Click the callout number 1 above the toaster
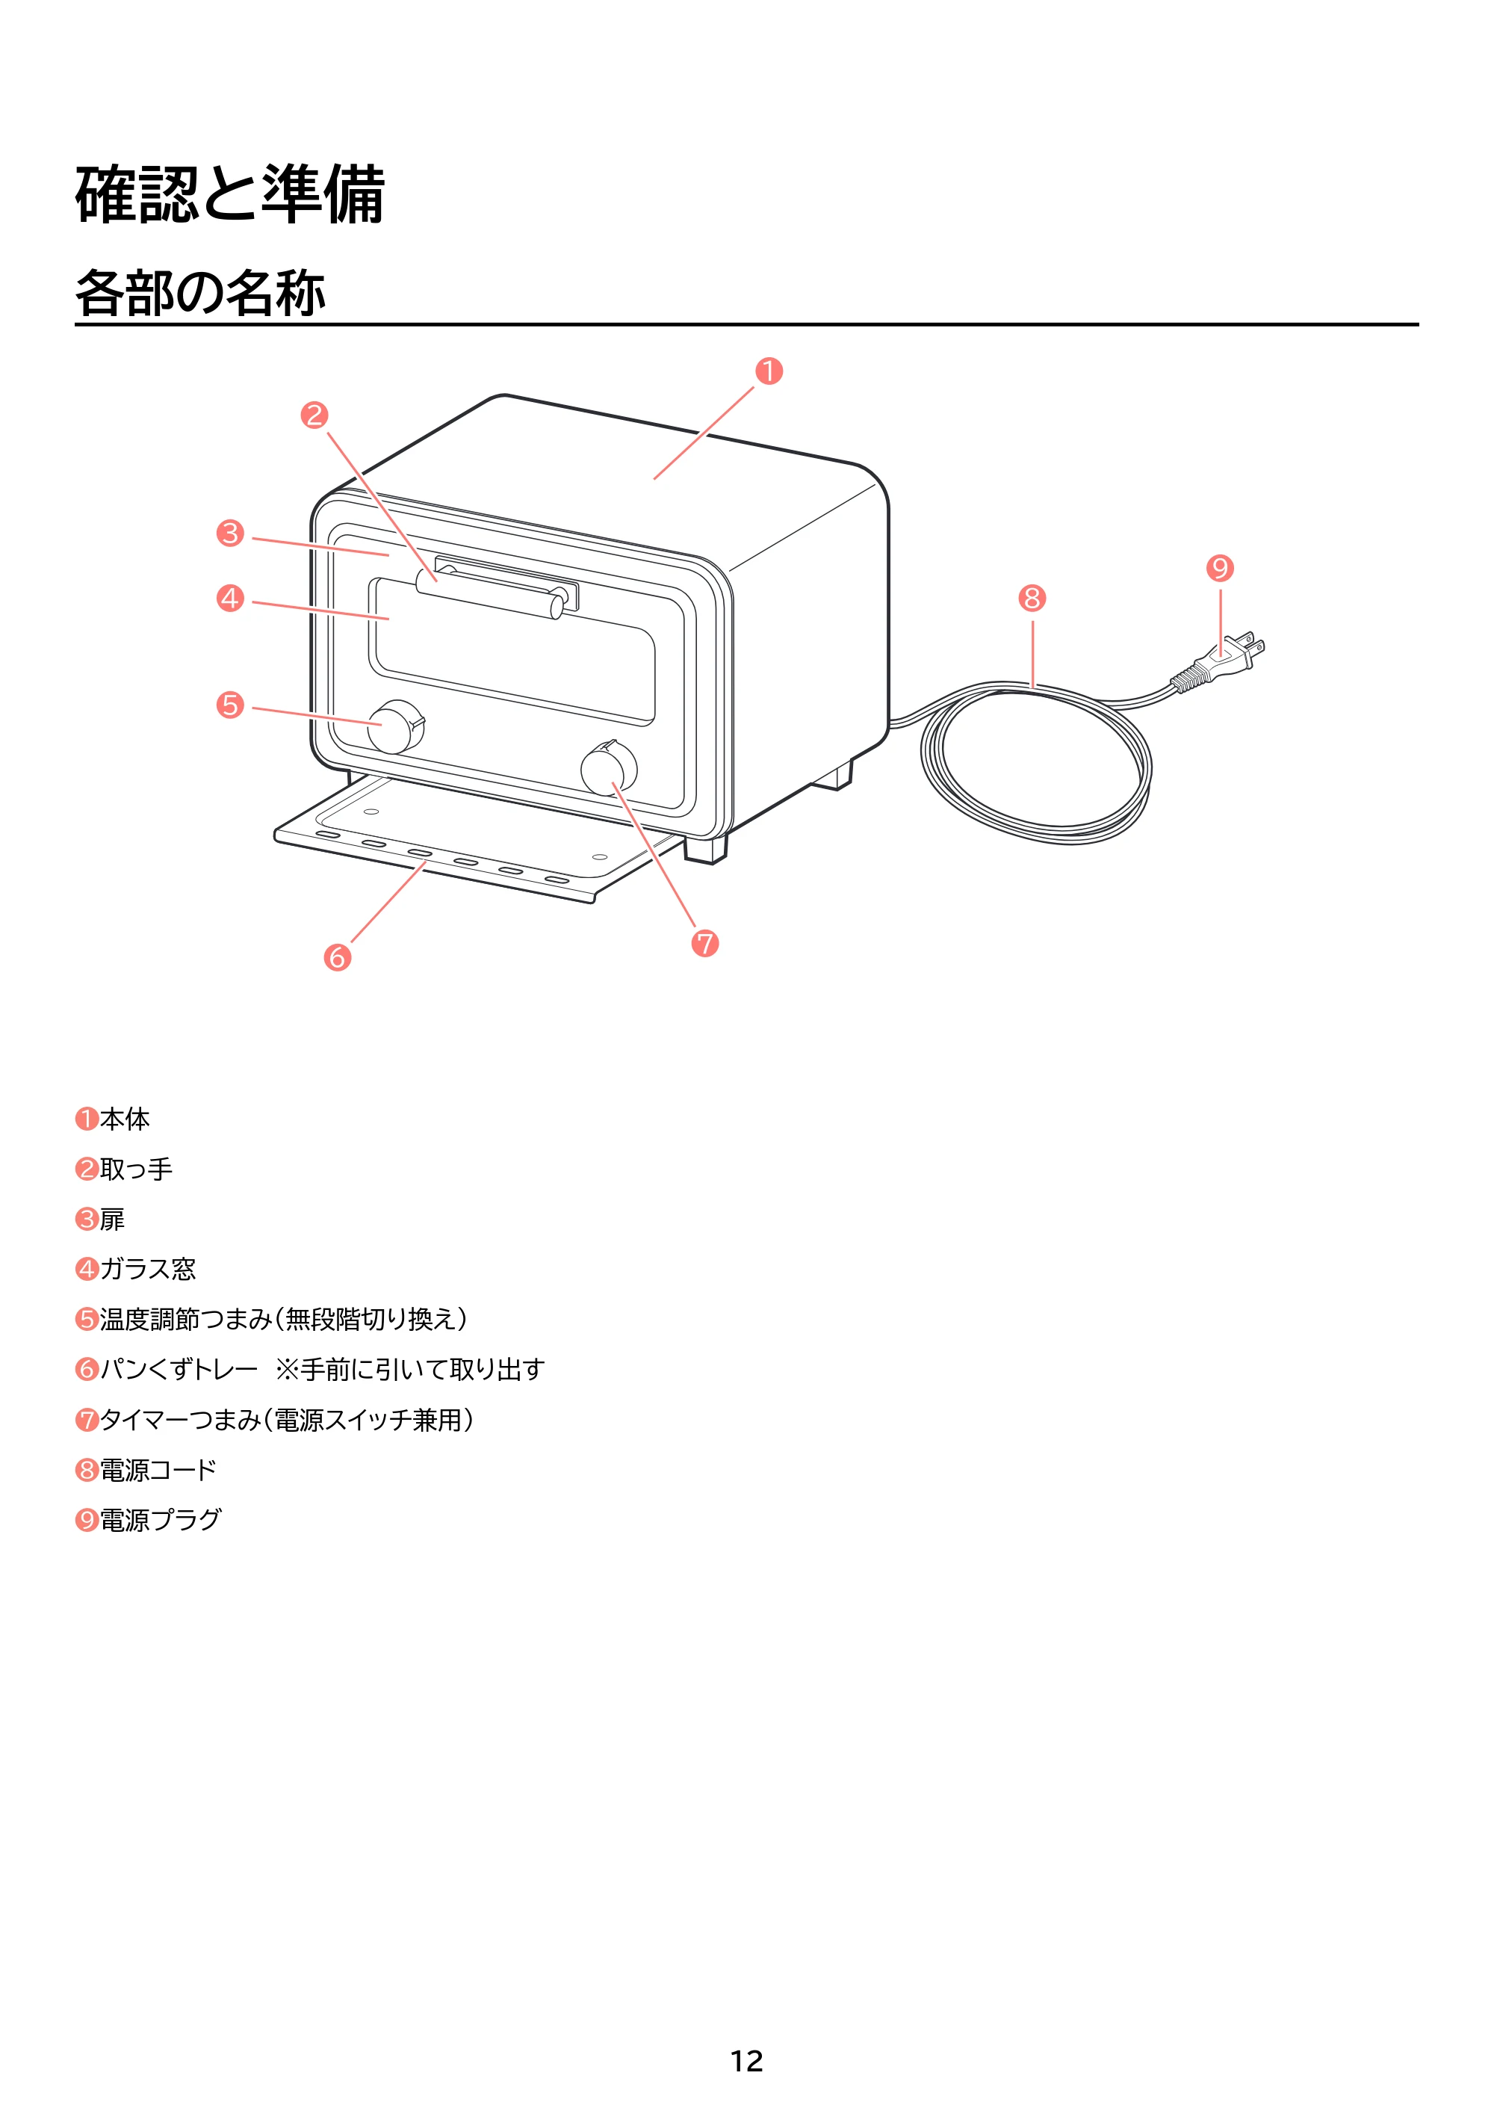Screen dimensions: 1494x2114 coord(769,371)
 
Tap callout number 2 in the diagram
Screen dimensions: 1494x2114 coord(314,415)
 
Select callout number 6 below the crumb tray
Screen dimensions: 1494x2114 coord(338,957)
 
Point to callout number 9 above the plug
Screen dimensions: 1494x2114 coord(1220,568)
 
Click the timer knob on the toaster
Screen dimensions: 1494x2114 coord(610,767)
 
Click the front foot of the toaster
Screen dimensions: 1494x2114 coord(706,849)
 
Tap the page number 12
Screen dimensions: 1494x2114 coord(746,2061)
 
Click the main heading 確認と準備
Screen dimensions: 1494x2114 coord(230,194)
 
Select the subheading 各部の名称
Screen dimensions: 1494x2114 coord(201,293)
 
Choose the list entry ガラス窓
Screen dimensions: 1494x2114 coord(148,1269)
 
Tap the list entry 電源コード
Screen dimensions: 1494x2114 coord(158,1469)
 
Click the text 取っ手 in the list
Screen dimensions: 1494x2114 coord(136,1169)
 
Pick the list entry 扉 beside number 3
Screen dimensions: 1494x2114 coord(112,1219)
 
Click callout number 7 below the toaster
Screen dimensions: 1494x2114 coord(705,943)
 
